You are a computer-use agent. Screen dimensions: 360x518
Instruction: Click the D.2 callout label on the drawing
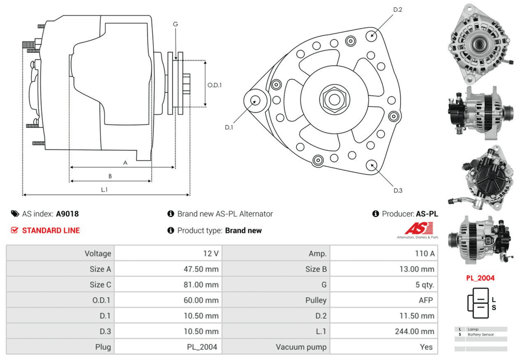[398, 10]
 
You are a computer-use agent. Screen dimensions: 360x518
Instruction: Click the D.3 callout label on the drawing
[398, 191]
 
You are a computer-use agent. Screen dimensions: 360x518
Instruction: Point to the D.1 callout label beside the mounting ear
[229, 127]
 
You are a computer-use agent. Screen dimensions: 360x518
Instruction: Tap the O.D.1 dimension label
[214, 85]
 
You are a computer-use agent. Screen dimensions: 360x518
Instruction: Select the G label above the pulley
[176, 24]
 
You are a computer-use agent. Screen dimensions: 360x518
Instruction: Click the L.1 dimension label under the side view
[104, 190]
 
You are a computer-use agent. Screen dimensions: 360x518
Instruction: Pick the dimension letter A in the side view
[125, 163]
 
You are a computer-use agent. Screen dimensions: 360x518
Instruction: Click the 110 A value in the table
[425, 254]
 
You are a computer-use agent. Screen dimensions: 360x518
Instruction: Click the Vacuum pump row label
[301, 347]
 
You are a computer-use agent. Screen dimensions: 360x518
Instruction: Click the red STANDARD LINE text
[51, 231]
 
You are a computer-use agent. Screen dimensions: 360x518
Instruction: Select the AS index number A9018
[67, 213]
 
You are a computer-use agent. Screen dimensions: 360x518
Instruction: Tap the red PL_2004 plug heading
[480, 278]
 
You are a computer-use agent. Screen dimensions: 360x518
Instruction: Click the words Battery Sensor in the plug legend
[481, 335]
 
